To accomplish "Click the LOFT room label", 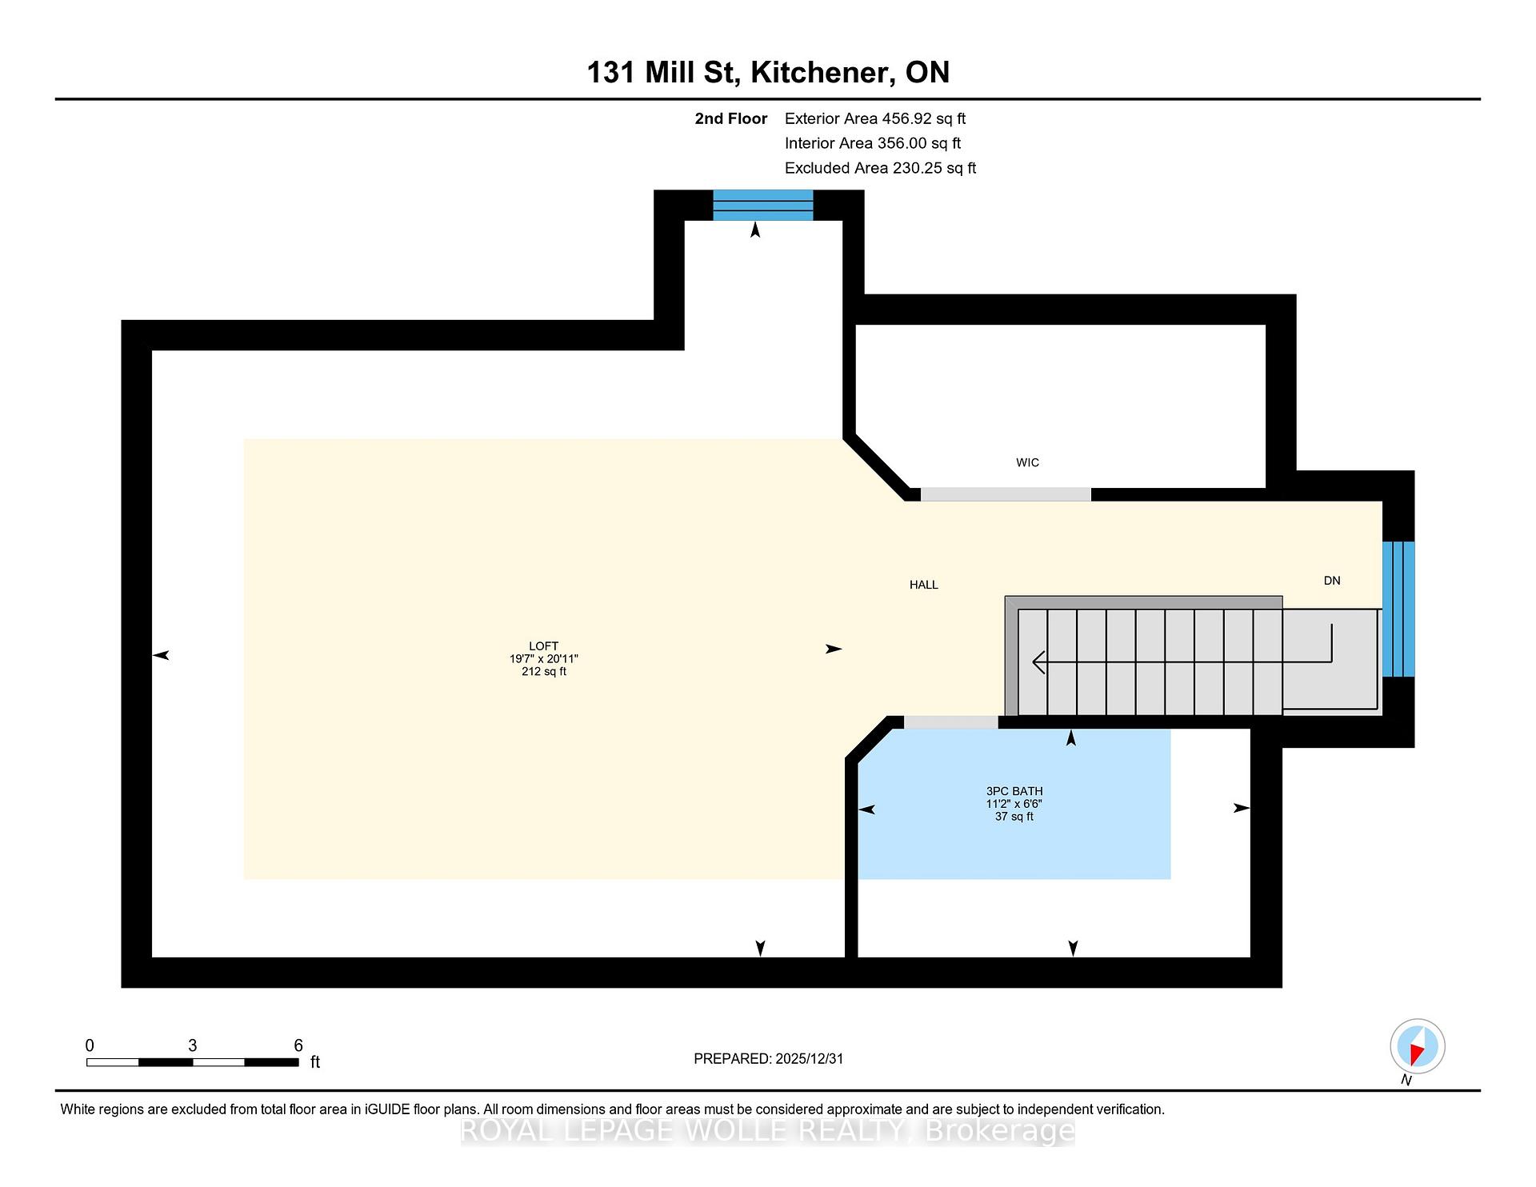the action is [x=543, y=645].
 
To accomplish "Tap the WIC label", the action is [x=1027, y=462].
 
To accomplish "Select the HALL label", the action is [x=923, y=585].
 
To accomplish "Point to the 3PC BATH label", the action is [x=1014, y=791].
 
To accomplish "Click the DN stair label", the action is [x=1332, y=581].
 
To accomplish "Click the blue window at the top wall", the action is [x=763, y=205].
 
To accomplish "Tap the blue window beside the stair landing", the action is [x=1398, y=609].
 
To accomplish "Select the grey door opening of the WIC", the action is [x=1006, y=494].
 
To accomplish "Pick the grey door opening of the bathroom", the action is [x=951, y=722].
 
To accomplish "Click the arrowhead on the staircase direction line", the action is [x=1039, y=662].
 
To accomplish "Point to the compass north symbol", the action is [x=1417, y=1046].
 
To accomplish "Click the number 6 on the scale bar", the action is [x=298, y=1045].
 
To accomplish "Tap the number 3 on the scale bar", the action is [x=192, y=1045].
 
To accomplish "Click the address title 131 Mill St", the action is [x=661, y=72].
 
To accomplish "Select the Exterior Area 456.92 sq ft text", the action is [x=875, y=118].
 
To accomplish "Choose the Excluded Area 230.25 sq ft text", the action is [x=881, y=168].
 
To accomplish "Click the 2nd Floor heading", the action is [x=730, y=118].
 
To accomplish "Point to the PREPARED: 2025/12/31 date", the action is [x=769, y=1058].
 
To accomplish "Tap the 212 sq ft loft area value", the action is [x=544, y=671].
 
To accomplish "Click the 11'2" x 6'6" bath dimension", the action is [x=1014, y=804].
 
